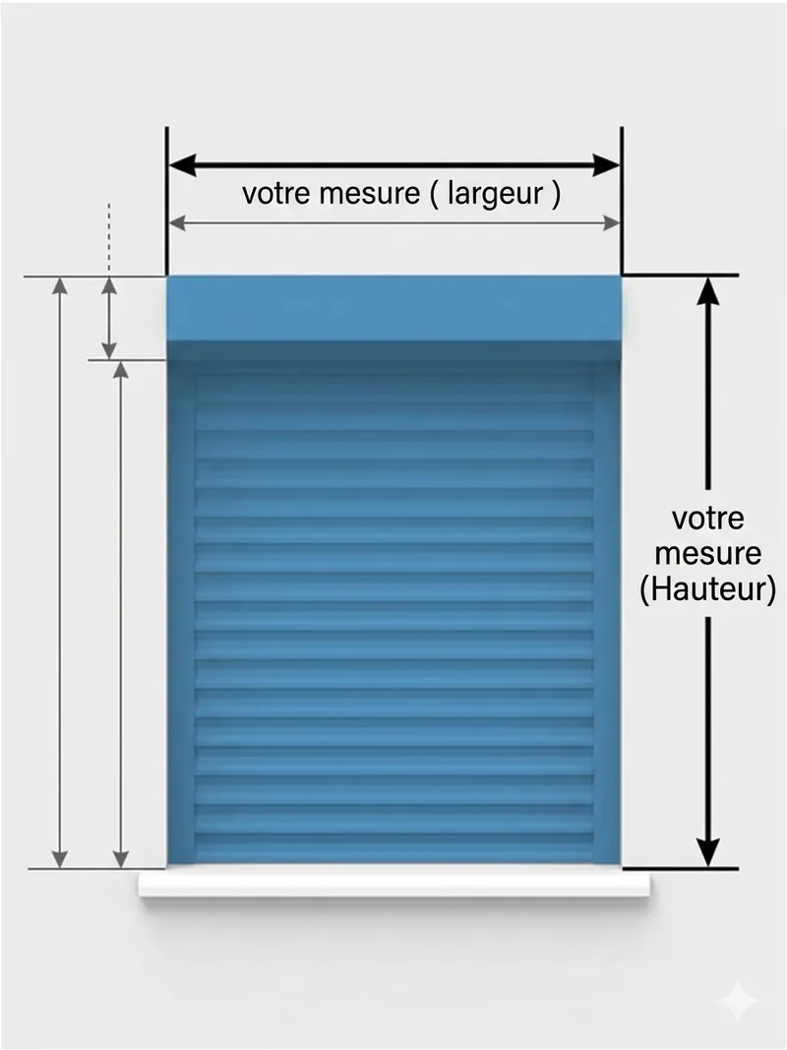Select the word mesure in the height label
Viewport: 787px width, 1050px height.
(x=707, y=553)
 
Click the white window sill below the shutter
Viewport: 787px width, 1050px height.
(x=393, y=884)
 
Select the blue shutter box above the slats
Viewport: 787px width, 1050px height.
(x=393, y=308)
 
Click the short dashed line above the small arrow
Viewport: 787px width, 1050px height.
(x=109, y=236)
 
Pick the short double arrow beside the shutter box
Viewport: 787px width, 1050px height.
(x=109, y=318)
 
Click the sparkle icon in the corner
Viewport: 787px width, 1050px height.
(x=737, y=1002)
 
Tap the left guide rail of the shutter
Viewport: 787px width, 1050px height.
(x=181, y=610)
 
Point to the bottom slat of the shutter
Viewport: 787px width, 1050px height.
(x=393, y=848)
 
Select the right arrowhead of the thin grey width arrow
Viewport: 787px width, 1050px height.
(x=612, y=224)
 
